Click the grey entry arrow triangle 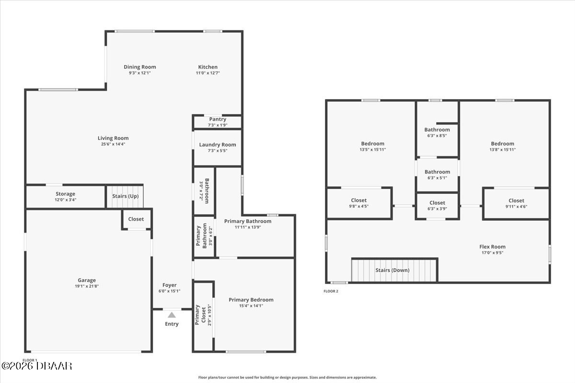click(172, 315)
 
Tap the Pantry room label click(218, 119)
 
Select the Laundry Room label click(218, 145)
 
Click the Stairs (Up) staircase click(125, 196)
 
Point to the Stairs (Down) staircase click(394, 270)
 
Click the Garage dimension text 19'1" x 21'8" click(87, 286)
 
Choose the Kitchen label click(207, 67)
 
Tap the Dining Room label click(140, 67)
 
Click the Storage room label click(66, 194)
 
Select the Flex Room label click(493, 247)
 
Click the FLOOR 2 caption click(331, 291)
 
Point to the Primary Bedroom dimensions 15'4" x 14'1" click(251, 306)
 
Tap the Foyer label click(170, 285)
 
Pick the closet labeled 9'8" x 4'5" click(359, 203)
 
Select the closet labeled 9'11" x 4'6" click(516, 203)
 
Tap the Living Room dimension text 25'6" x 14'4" click(113, 144)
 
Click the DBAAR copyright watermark click(37, 366)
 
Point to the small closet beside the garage click(136, 219)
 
